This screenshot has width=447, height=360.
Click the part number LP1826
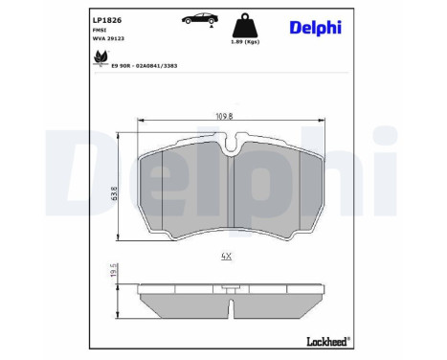107,19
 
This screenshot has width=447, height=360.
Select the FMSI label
100,30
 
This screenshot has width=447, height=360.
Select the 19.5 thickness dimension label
112,275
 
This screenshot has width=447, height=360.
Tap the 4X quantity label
227,257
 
